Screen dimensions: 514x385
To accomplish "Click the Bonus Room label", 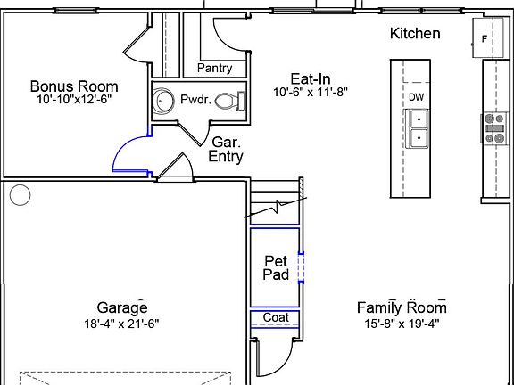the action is pos(74,86).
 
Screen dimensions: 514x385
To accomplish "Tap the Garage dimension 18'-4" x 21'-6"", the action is pos(121,324).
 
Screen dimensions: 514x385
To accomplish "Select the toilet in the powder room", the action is pos(230,101).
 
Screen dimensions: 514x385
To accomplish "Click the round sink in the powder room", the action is pos(163,102).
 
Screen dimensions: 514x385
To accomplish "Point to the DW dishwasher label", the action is pos(417,97).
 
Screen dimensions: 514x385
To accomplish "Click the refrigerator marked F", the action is pos(487,38).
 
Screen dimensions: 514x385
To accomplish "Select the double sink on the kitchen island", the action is pos(417,128).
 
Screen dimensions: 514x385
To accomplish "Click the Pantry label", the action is pos(215,68).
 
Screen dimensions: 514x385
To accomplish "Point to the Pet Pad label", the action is pos(276,267).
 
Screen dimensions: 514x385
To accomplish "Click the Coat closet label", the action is pos(276,317).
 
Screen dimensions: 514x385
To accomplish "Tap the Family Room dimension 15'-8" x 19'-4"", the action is pos(402,324).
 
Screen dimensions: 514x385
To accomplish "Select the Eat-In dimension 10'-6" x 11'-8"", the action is pos(311,92).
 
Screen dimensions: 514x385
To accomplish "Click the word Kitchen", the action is pos(415,33).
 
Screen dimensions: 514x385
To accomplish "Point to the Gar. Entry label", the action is pos(226,150).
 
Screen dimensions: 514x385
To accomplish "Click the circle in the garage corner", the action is pos(20,195).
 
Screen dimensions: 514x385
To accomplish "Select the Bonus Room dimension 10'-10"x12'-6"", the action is pos(74,100).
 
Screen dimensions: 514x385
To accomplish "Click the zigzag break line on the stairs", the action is pos(276,207).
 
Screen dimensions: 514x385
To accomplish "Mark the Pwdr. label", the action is pos(195,100).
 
